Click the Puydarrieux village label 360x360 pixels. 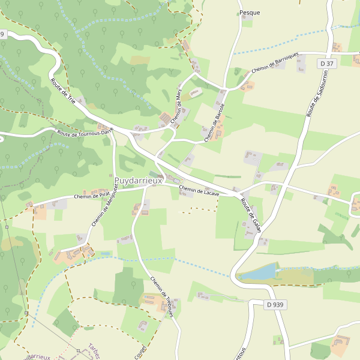pyautogui.click(x=139, y=180)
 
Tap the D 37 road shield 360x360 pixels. pyautogui.click(x=326, y=64)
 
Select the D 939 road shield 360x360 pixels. pyautogui.click(x=274, y=305)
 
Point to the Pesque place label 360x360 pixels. pyautogui.click(x=250, y=12)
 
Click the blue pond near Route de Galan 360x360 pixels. pyautogui.click(x=258, y=272)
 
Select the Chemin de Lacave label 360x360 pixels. pyautogui.click(x=199, y=191)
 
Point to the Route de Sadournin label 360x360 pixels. pyautogui.click(x=312, y=98)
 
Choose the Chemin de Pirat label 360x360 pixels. pyautogui.click(x=92, y=195)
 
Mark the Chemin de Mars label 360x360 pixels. pyautogui.click(x=178, y=106)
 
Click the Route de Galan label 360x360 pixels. pyautogui.click(x=251, y=215)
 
